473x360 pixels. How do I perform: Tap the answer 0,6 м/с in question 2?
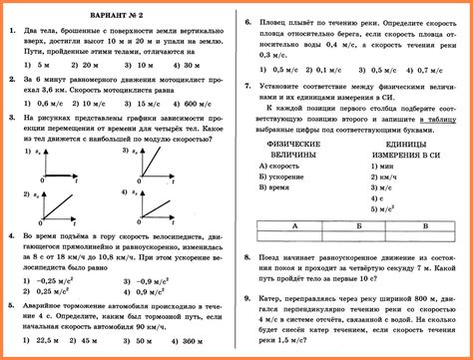point(46,103)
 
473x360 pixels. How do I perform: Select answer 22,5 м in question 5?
point(45,341)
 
